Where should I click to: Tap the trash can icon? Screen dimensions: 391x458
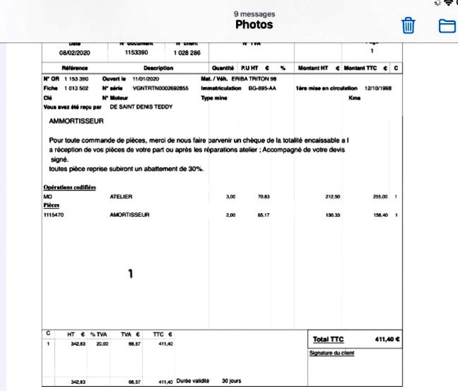click(408, 26)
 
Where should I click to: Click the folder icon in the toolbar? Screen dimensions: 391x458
click(446, 26)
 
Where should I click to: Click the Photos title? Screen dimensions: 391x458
click(254, 25)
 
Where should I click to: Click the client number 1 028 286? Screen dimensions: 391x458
click(187, 53)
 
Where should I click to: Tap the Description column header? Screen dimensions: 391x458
click(158, 68)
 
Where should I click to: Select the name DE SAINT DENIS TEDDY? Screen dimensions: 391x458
click(141, 107)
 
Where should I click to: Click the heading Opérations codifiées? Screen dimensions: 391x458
click(70, 187)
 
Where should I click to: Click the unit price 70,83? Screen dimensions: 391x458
click(264, 195)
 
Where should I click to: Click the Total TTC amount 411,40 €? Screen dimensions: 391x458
click(387, 339)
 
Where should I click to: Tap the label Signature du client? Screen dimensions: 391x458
click(331, 352)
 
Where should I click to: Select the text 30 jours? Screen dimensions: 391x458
click(231, 381)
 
